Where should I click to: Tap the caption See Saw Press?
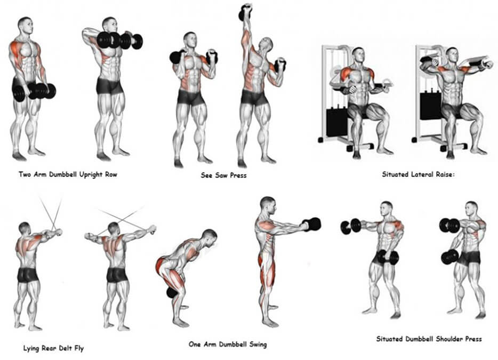(223, 175)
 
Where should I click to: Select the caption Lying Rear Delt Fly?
(53, 349)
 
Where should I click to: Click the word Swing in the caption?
(258, 345)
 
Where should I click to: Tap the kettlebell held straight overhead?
(245, 12)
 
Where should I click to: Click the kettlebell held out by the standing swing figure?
(312, 224)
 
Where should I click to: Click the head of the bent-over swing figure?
(210, 237)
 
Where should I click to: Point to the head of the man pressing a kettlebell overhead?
(266, 45)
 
